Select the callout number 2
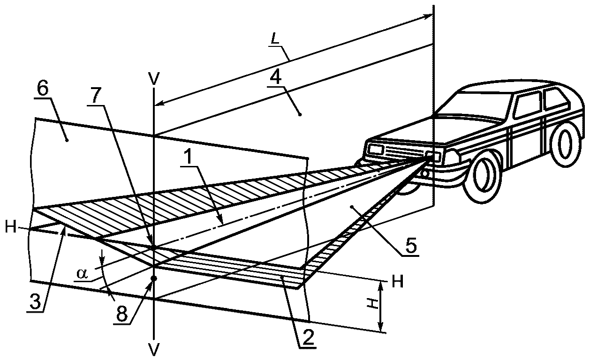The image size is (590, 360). coord(308,336)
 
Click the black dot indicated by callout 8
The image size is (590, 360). coord(154,278)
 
